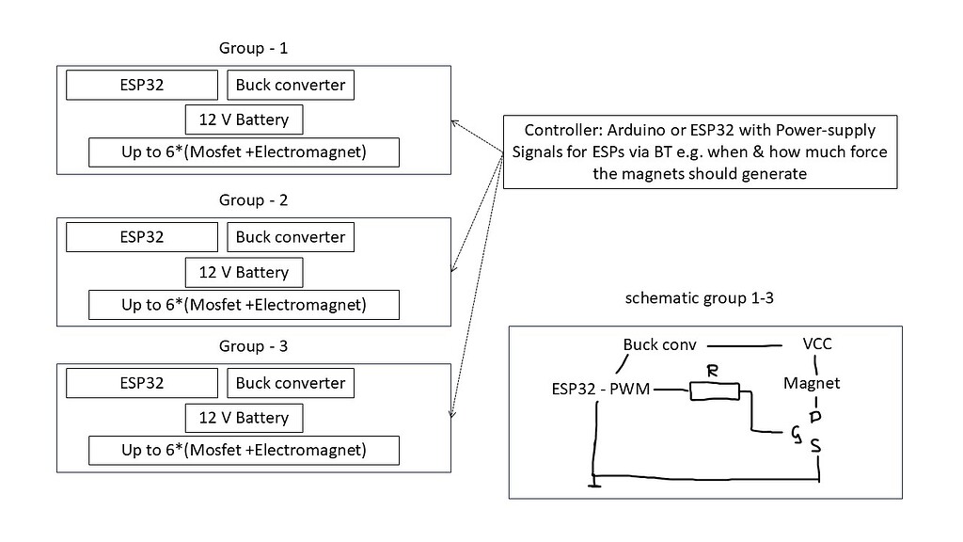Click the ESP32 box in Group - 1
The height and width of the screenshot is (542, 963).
pos(142,85)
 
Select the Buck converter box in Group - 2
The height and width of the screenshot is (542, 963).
pos(291,237)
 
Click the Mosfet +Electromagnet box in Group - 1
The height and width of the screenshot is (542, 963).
pos(244,151)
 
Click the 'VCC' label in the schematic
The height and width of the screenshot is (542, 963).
pos(816,343)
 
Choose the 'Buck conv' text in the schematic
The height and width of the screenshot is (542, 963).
pos(659,344)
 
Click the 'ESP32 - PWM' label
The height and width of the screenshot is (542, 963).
pos(601,389)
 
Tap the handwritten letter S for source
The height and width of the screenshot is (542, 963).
pos(816,445)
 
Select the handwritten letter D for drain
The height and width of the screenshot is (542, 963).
pos(815,416)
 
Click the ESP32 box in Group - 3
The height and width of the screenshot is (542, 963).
pos(142,383)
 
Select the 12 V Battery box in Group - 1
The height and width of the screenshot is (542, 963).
pos(245,120)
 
